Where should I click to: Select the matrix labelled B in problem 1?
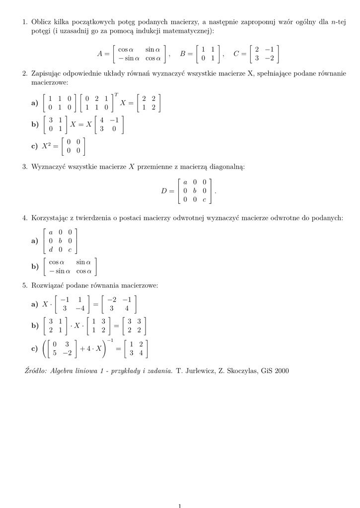point(208,54)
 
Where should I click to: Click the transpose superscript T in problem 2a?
point(116,94)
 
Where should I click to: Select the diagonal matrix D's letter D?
point(165,191)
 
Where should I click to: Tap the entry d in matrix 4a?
point(51,250)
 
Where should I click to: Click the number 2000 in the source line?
point(279,371)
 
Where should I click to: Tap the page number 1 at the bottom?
point(180,506)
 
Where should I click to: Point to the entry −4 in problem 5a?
point(79,308)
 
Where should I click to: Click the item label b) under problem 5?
point(35,326)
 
